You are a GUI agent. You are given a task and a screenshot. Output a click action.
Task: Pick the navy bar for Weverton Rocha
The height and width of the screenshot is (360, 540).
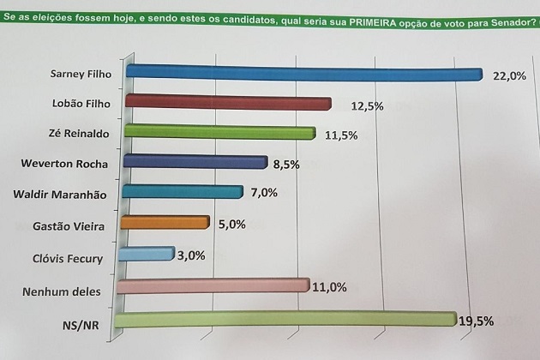pos(196,162)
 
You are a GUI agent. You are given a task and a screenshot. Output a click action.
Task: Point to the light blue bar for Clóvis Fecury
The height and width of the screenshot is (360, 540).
pos(147,254)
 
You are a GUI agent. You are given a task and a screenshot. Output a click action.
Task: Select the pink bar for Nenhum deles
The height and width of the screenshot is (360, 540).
pos(212,285)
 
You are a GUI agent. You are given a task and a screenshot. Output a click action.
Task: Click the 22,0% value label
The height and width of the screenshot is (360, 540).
pos(507,76)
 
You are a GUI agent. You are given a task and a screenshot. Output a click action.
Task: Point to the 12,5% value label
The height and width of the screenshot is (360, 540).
pos(366,106)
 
